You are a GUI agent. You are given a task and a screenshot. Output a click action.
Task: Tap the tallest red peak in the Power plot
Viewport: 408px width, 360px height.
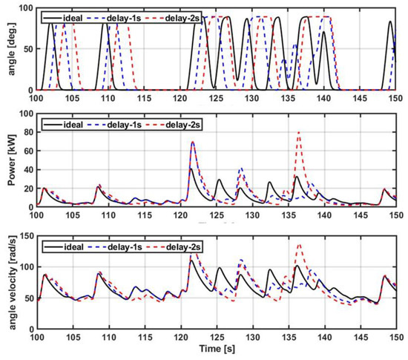(299, 132)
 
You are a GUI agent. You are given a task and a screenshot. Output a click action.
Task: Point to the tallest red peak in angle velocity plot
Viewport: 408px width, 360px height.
(299, 244)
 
